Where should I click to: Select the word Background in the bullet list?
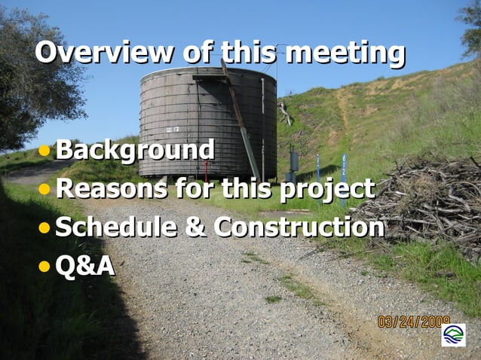point(134,149)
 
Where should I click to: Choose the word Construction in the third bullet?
point(299,226)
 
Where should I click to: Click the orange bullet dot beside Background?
point(45,150)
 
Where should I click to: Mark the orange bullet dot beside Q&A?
point(45,265)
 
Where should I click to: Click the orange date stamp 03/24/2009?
point(414,322)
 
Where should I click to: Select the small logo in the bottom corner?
point(453,334)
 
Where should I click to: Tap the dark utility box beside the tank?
point(293,161)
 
